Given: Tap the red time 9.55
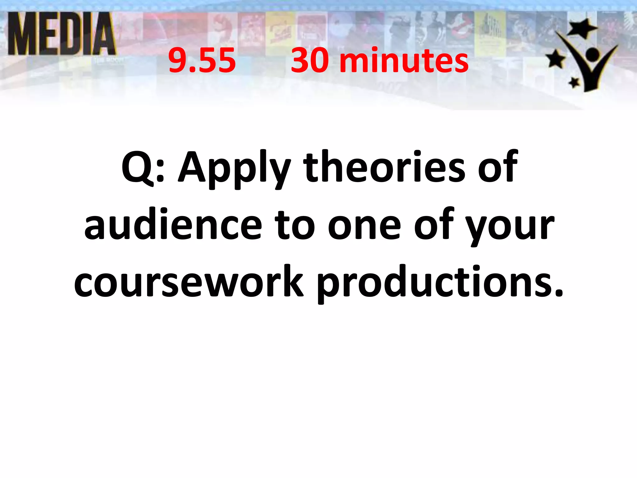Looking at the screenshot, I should pos(202,61).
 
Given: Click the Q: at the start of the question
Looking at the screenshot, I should pos(143,168).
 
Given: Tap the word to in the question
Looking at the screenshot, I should pos(295,226).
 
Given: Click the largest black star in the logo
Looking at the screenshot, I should pos(581,28).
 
